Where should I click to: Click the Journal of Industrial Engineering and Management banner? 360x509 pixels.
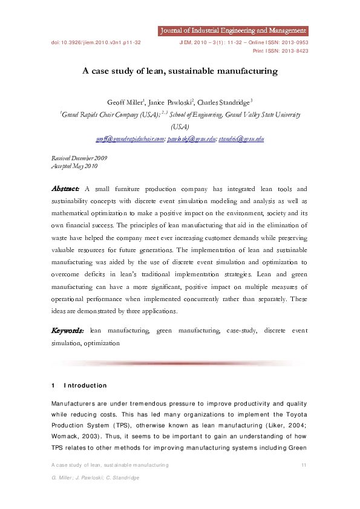point(232,30)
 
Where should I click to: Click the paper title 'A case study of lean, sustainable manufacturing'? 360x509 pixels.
point(180,71)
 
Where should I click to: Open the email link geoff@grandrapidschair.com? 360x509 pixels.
point(130,138)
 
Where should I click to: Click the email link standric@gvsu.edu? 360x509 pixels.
point(241,138)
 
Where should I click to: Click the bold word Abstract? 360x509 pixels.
point(66,189)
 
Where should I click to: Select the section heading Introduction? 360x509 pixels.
point(85,386)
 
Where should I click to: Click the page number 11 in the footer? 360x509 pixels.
point(304,465)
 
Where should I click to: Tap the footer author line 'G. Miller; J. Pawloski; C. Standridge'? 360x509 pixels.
point(96,478)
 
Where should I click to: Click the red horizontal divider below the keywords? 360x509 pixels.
point(180,363)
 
